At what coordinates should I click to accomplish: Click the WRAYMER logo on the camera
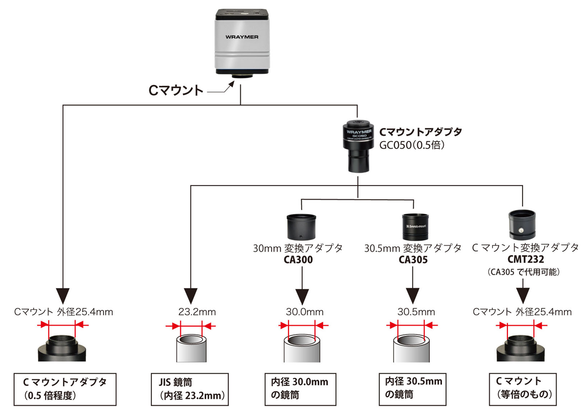(242, 36)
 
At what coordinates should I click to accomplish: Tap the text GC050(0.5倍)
(412, 145)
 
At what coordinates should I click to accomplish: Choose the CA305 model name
(413, 260)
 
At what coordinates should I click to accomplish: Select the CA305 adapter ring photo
(415, 225)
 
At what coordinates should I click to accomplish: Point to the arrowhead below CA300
(302, 296)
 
